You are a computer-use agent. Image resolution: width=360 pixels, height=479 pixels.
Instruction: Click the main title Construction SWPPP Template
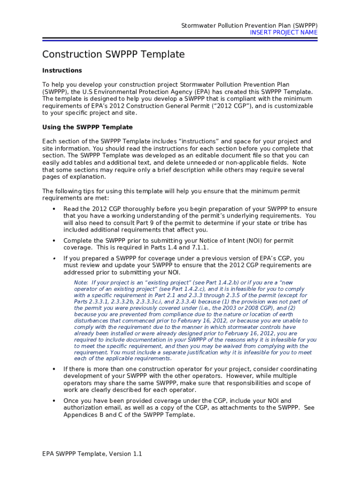coord(113,55)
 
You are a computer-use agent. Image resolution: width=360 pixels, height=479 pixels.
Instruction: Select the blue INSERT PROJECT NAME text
coord(283,33)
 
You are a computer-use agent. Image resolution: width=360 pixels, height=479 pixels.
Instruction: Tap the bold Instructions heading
coord(62,71)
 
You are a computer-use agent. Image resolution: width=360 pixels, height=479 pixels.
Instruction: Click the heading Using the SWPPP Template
coord(87,127)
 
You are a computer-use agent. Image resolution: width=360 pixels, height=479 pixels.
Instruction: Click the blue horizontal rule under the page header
coord(180,40)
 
